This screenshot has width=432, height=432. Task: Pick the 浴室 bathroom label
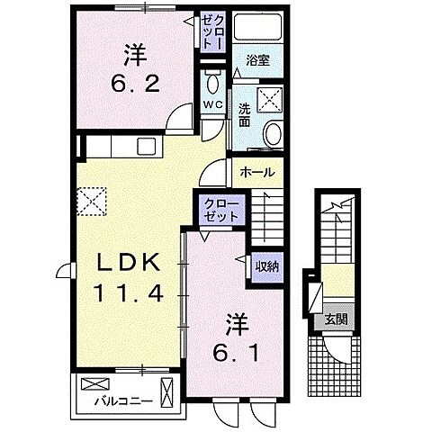(x=259, y=62)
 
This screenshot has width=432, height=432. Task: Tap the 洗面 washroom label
(x=245, y=116)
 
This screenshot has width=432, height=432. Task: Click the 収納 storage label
(x=265, y=265)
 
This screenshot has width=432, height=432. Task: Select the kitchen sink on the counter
(x=147, y=146)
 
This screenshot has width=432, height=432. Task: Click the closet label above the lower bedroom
(x=220, y=212)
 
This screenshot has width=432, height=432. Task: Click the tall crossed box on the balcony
(x=168, y=393)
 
